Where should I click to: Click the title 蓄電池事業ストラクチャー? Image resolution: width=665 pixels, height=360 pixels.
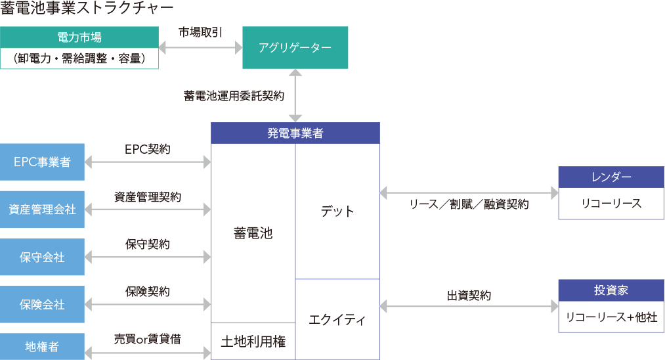coord(87,8)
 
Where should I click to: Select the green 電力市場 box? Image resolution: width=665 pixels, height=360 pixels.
coord(79,37)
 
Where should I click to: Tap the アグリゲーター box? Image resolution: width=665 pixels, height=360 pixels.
coord(295,47)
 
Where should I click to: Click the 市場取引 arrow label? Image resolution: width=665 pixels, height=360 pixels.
coord(200,32)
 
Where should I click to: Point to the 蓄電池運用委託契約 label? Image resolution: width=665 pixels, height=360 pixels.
coord(234,96)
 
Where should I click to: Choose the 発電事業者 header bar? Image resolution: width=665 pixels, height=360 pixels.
coord(295,133)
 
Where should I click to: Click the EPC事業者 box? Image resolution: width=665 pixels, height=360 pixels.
coord(42,162)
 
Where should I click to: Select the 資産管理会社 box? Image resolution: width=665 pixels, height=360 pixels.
coord(42,210)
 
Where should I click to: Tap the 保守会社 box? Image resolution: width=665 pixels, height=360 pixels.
coord(42,257)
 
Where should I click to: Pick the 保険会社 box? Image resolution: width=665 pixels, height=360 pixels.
coord(42,304)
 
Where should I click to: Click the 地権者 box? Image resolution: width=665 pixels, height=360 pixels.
coord(42,346)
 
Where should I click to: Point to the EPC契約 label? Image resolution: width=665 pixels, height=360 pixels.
coord(147,149)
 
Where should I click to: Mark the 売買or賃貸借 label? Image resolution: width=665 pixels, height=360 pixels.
coord(147,339)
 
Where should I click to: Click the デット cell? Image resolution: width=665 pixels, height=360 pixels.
coord(337,212)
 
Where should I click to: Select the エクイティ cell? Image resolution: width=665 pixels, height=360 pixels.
coord(337,320)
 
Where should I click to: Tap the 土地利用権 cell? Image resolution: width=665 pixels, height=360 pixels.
coord(253,342)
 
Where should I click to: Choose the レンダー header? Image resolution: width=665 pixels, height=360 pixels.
coord(611,177)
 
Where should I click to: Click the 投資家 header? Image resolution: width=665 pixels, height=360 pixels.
coord(611,290)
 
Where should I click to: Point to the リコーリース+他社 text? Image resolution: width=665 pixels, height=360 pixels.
coord(611,317)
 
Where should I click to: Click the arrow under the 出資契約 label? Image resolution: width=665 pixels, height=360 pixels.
coord(469,306)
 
